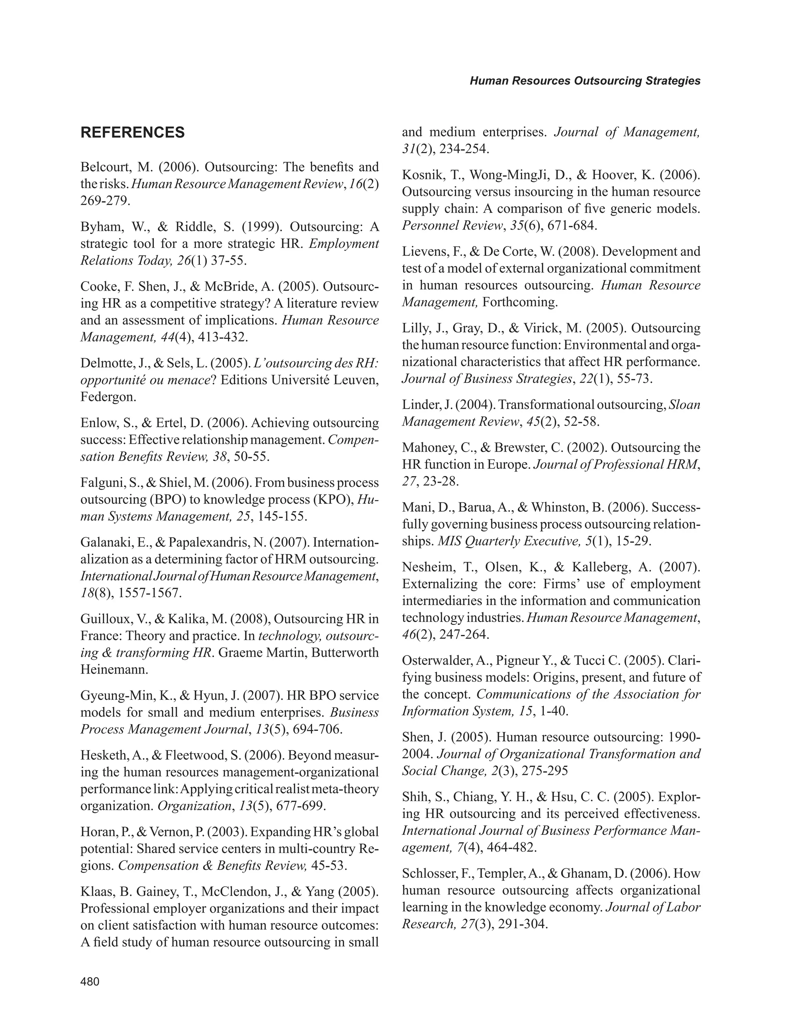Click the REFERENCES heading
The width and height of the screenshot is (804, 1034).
coord(133,132)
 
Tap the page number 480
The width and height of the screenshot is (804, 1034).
coord(90,981)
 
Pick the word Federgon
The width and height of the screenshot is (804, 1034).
coord(108,397)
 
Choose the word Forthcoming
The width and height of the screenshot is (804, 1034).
coord(520,302)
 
